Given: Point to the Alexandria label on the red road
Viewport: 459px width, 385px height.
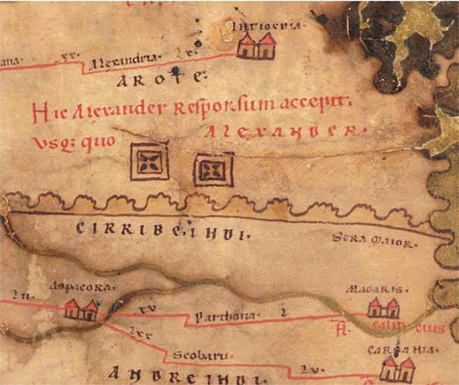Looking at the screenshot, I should pos(123,58).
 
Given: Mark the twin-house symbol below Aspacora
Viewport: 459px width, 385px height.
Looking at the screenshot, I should pos(81,309).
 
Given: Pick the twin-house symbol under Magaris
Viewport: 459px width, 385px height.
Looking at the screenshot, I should pos(382,308).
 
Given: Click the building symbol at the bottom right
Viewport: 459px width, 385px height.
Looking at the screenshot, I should pos(397,369).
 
